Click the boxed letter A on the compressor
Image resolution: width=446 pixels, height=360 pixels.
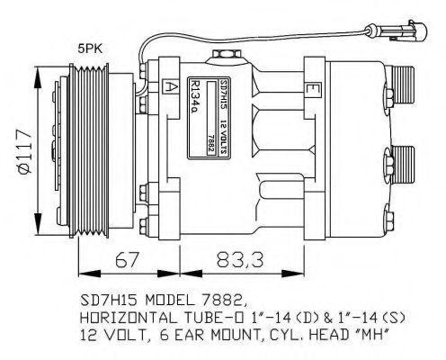[170, 86]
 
